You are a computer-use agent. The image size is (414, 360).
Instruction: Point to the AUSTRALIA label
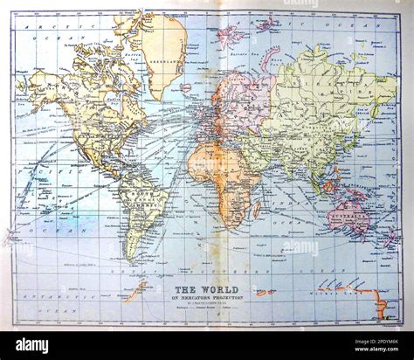click(x=349, y=211)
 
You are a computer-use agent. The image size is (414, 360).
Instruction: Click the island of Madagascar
click(x=257, y=209)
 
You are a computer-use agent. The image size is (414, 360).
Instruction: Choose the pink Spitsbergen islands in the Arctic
click(x=230, y=35)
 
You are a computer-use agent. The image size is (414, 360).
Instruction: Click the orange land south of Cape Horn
click(x=135, y=292)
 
